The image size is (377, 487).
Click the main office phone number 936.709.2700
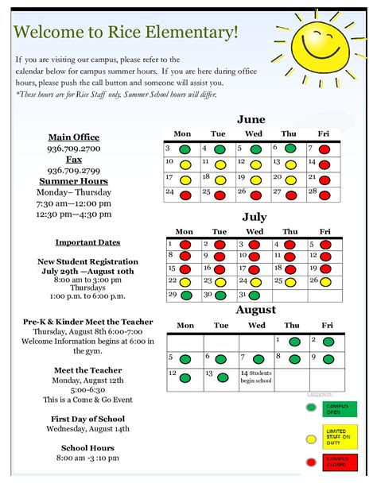[x=74, y=149]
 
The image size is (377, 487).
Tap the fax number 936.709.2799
[x=74, y=170]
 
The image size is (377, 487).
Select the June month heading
[x=251, y=120]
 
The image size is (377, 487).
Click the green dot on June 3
[x=185, y=149]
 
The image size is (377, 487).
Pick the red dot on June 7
[x=325, y=149]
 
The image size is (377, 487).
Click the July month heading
[x=255, y=216]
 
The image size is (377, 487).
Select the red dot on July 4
[x=290, y=245]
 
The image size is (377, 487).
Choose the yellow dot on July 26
[x=325, y=281]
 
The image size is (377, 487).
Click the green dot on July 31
[x=255, y=296]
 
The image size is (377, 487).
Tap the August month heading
[x=255, y=310]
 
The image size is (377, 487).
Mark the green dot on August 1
[x=295, y=342]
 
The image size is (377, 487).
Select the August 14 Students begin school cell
[x=256, y=377]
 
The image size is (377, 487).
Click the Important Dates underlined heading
[x=87, y=242]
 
